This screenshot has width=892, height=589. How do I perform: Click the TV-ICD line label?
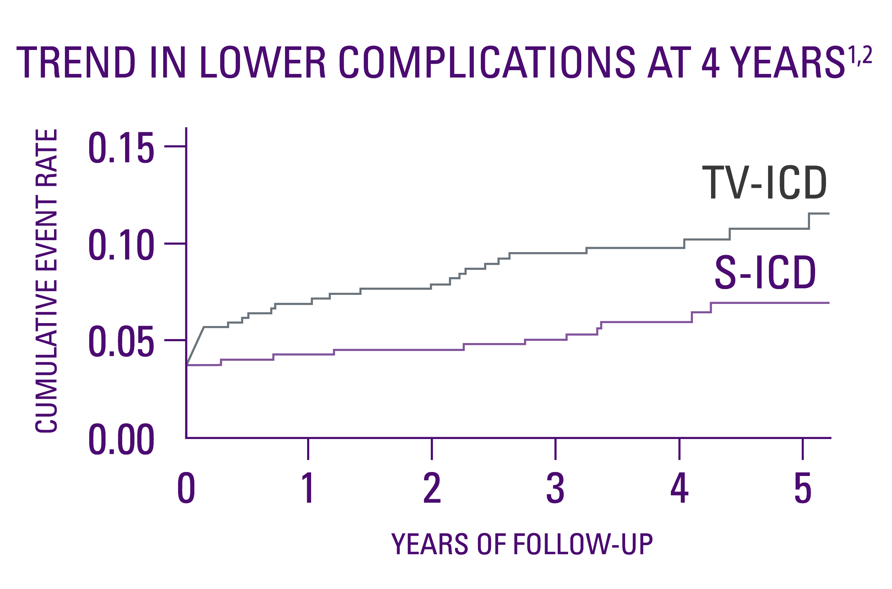coord(764,183)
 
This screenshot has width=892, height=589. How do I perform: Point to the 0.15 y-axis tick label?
coord(121,148)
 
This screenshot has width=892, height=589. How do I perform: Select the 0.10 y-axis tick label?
coord(121,245)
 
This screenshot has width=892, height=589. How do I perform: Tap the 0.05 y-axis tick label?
coord(121,342)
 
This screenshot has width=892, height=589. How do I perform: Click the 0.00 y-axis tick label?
coord(121,439)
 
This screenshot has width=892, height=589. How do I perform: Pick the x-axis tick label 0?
coord(186,488)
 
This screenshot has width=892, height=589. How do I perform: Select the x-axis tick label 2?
coord(432,488)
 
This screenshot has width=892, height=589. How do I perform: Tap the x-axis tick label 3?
coord(555,488)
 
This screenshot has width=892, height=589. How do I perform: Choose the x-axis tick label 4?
coord(679,488)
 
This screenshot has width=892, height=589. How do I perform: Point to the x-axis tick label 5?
coord(802,488)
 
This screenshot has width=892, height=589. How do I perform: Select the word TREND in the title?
coord(75,62)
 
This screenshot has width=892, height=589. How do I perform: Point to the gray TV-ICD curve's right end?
coord(828,214)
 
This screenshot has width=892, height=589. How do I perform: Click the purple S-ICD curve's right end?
coord(828,303)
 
